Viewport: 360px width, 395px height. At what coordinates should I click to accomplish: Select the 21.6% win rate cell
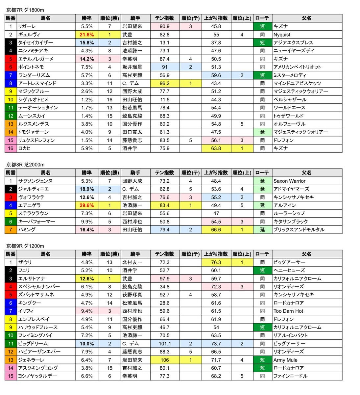87,35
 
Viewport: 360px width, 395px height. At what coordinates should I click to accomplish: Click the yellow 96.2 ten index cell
164,83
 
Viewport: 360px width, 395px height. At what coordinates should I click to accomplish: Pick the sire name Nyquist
282,35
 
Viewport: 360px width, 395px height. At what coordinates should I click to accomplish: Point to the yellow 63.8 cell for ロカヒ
216,148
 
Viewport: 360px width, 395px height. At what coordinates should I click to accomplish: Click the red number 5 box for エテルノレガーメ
11,59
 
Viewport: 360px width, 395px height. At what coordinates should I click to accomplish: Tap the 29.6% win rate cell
87,205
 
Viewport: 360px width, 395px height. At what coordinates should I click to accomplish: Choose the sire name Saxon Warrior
289,181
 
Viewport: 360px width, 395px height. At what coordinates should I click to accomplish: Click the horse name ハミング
27,230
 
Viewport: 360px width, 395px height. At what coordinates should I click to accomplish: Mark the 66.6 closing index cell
216,230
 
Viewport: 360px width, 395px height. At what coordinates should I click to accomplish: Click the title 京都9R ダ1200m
25,246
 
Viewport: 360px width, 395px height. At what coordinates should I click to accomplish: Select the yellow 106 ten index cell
164,360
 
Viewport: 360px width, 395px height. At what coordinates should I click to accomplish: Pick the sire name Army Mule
285,360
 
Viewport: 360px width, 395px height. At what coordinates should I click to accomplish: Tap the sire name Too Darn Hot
288,311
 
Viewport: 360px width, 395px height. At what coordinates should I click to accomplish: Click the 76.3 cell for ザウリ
216,262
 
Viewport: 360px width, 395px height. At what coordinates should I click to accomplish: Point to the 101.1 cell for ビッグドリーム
164,344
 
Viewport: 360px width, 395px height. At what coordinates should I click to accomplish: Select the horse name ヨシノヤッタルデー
37,376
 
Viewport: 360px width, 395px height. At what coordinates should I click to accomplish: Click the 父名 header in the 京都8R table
307,173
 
